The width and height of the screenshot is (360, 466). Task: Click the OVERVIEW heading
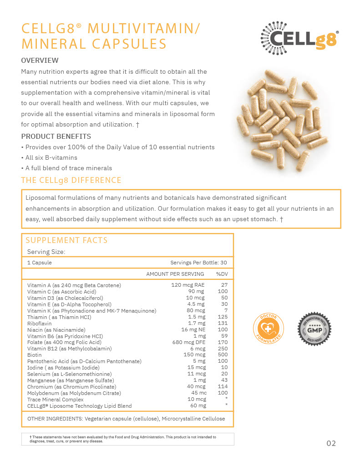point(40,60)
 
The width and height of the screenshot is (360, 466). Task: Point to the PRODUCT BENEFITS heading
point(56,136)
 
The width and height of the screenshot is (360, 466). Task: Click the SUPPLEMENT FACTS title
point(66,240)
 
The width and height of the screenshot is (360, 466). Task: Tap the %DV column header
point(222,274)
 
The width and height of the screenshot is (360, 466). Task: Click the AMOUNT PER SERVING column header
point(175,274)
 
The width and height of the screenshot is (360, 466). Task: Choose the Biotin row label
point(35,355)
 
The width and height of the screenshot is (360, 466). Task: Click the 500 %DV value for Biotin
point(223,355)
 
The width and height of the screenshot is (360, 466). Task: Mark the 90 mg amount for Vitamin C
point(196,291)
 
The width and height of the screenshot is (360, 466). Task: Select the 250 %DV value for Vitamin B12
point(223,349)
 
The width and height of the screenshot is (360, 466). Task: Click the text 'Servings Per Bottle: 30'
point(198,263)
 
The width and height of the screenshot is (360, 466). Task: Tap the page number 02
point(331,443)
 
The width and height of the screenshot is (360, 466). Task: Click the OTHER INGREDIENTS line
point(126,419)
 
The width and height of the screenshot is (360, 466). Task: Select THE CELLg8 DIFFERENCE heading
point(71,180)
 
